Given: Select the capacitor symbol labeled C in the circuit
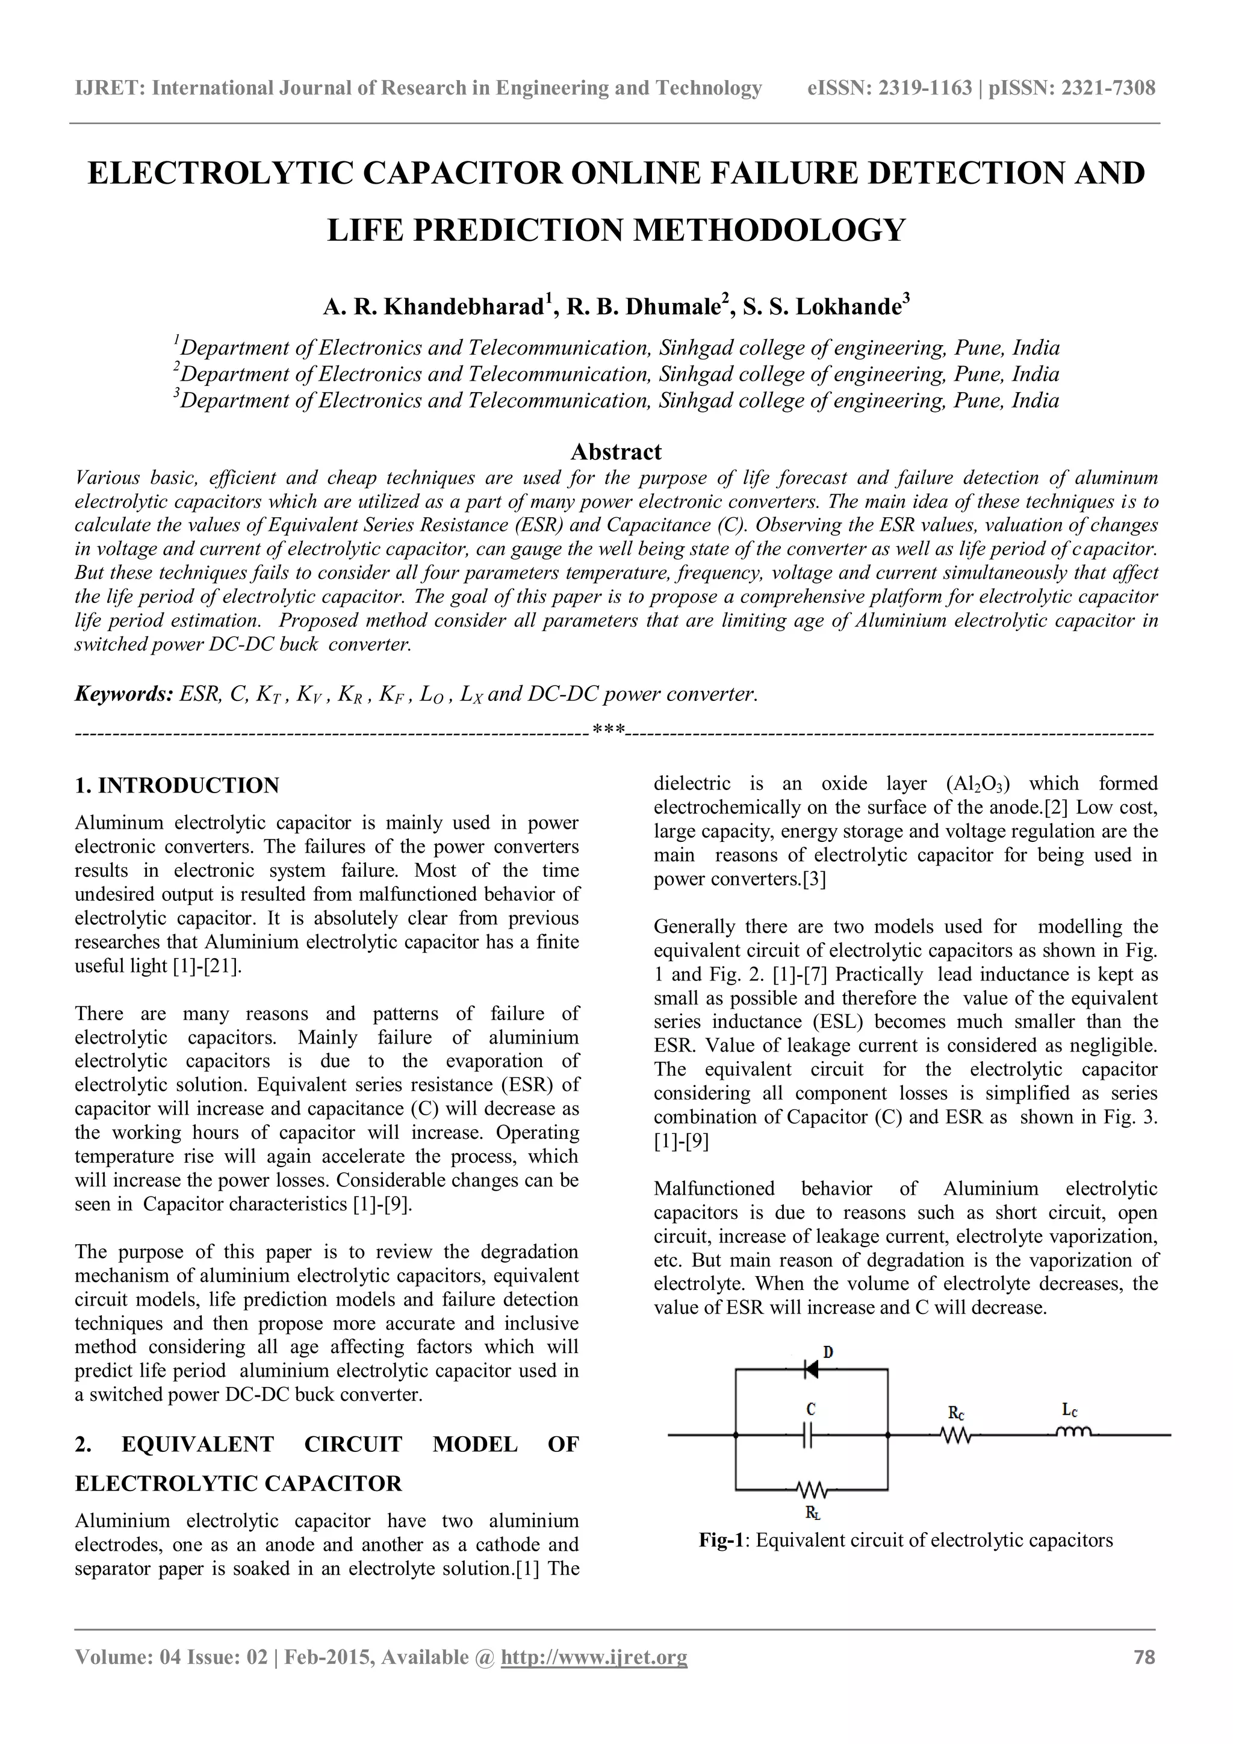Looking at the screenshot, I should [x=810, y=1435].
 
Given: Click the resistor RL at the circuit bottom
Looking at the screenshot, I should [x=810, y=1488].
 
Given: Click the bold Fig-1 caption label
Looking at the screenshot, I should [x=724, y=1540].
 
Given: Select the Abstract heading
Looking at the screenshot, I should [x=616, y=452].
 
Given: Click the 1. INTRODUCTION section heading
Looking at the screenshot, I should [x=177, y=785].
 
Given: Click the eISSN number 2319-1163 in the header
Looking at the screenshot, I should [x=925, y=88].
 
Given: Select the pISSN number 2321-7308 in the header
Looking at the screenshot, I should [x=1108, y=88].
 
